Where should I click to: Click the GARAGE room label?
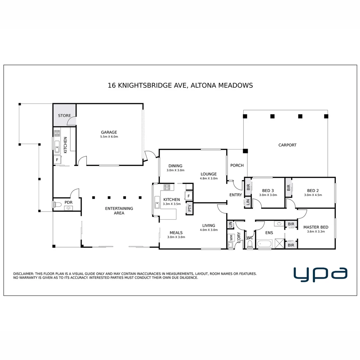click(x=109, y=132)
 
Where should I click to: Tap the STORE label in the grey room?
click(x=64, y=115)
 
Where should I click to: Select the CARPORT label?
click(x=287, y=145)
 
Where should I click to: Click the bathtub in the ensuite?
click(x=264, y=244)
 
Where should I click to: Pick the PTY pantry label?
click(x=190, y=208)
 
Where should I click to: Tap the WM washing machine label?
click(x=231, y=237)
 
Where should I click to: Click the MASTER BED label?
click(x=316, y=227)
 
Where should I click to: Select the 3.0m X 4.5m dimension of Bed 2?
click(x=313, y=195)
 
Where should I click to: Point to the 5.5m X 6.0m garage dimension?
click(x=109, y=137)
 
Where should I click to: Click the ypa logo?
click(x=320, y=275)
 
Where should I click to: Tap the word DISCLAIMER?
click(x=23, y=274)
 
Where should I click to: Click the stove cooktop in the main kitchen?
click(x=167, y=187)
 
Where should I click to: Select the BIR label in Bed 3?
click(x=248, y=187)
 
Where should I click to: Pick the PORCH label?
click(x=237, y=165)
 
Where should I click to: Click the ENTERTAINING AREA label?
click(x=119, y=211)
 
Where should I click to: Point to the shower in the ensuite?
click(x=279, y=244)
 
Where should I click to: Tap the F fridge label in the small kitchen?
click(x=57, y=160)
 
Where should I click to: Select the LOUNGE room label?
click(x=208, y=174)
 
